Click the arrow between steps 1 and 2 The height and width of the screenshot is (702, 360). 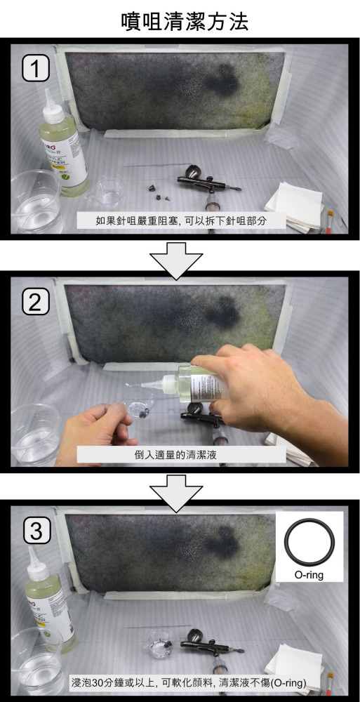(180, 258)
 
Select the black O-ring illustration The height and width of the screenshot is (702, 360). (309, 545)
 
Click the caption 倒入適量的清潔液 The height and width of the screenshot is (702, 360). (181, 454)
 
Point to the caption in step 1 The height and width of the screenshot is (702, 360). (181, 220)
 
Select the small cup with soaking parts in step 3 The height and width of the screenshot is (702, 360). (160, 646)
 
